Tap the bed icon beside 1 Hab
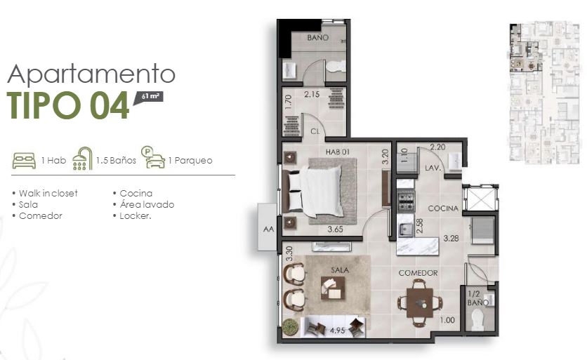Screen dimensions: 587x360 24,161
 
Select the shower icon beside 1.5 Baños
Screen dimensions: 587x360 82,159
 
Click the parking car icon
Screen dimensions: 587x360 153,158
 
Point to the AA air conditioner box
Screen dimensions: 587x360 268,227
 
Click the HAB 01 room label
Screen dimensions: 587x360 337,152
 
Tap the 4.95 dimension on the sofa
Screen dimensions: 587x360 337,331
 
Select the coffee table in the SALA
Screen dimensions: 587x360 333,288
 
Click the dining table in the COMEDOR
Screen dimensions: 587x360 420,302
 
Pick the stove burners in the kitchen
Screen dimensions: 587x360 405,201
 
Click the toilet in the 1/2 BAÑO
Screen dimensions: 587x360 477,319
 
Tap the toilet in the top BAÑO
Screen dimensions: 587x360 336,67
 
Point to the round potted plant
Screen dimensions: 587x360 289,326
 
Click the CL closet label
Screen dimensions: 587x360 315,131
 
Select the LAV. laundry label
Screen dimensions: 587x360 433,168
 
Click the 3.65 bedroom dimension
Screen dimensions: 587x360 335,229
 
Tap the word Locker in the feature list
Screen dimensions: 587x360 135,216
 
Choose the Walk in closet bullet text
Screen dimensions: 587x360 48,194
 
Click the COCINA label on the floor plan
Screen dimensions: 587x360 443,208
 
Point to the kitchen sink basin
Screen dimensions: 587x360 404,229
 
